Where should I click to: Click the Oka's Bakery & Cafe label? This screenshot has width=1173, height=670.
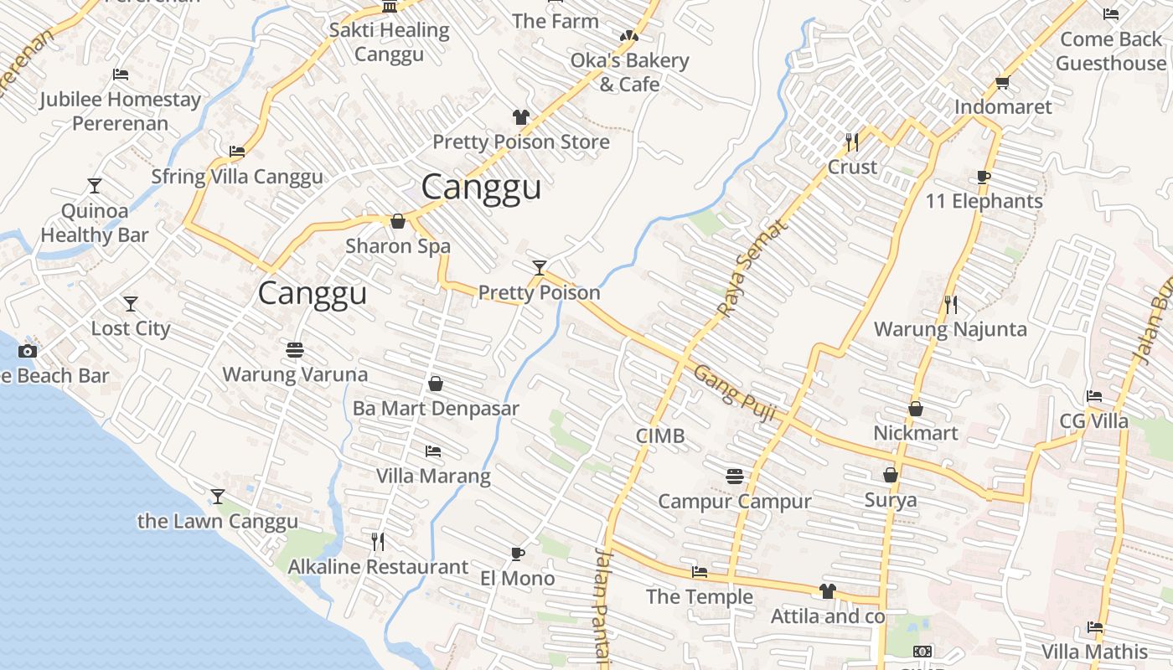pyautogui.click(x=629, y=72)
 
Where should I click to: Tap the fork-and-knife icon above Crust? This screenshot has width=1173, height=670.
pyautogui.click(x=852, y=142)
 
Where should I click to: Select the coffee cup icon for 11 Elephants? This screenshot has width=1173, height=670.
pyautogui.click(x=984, y=177)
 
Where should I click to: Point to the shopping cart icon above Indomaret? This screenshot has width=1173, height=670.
pyautogui.click(x=1002, y=82)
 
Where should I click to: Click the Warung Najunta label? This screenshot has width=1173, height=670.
pyautogui.click(x=950, y=329)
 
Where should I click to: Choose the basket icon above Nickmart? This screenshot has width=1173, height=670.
pyautogui.click(x=916, y=409)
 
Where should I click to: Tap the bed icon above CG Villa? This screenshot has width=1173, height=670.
pyautogui.click(x=1093, y=396)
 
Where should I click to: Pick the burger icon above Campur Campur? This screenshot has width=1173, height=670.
pyautogui.click(x=735, y=477)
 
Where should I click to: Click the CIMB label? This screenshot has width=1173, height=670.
pyautogui.click(x=660, y=435)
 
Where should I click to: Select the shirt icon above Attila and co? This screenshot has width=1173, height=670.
pyautogui.click(x=828, y=591)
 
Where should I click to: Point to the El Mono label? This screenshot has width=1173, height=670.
pyautogui.click(x=517, y=578)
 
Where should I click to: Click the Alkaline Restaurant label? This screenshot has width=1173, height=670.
pyautogui.click(x=378, y=567)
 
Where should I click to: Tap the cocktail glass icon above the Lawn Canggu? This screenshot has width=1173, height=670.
pyautogui.click(x=218, y=497)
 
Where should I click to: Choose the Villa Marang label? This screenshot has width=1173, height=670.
pyautogui.click(x=433, y=477)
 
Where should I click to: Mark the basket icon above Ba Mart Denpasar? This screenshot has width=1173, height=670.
pyautogui.click(x=436, y=384)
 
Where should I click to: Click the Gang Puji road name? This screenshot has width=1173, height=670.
pyautogui.click(x=736, y=392)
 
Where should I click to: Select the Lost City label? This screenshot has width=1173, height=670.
pyautogui.click(x=131, y=328)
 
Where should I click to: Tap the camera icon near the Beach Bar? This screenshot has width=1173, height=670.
pyautogui.click(x=28, y=351)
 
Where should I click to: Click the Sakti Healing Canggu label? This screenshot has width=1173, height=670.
pyautogui.click(x=389, y=43)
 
